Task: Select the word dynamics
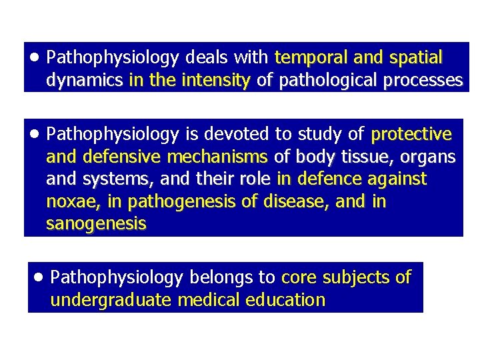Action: (84, 81)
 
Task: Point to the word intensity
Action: (215, 81)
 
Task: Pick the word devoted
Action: (236, 135)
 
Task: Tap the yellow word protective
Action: (411, 135)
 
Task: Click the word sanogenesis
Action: (96, 225)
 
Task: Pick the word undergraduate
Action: (111, 300)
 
